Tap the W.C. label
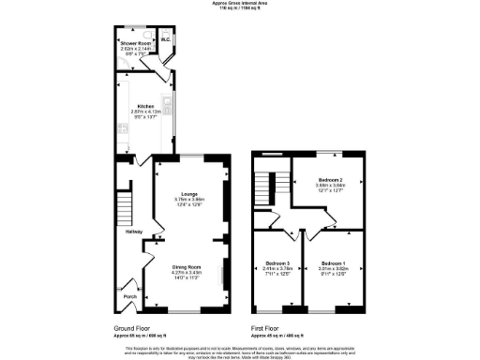[x=165, y=40]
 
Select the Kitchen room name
[x=145, y=106]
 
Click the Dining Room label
[x=189, y=266]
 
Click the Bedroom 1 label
[x=333, y=262]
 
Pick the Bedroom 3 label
[x=277, y=262]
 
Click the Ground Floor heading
[x=133, y=328]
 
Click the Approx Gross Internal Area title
[x=239, y=4]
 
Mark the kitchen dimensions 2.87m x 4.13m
[x=145, y=112]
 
